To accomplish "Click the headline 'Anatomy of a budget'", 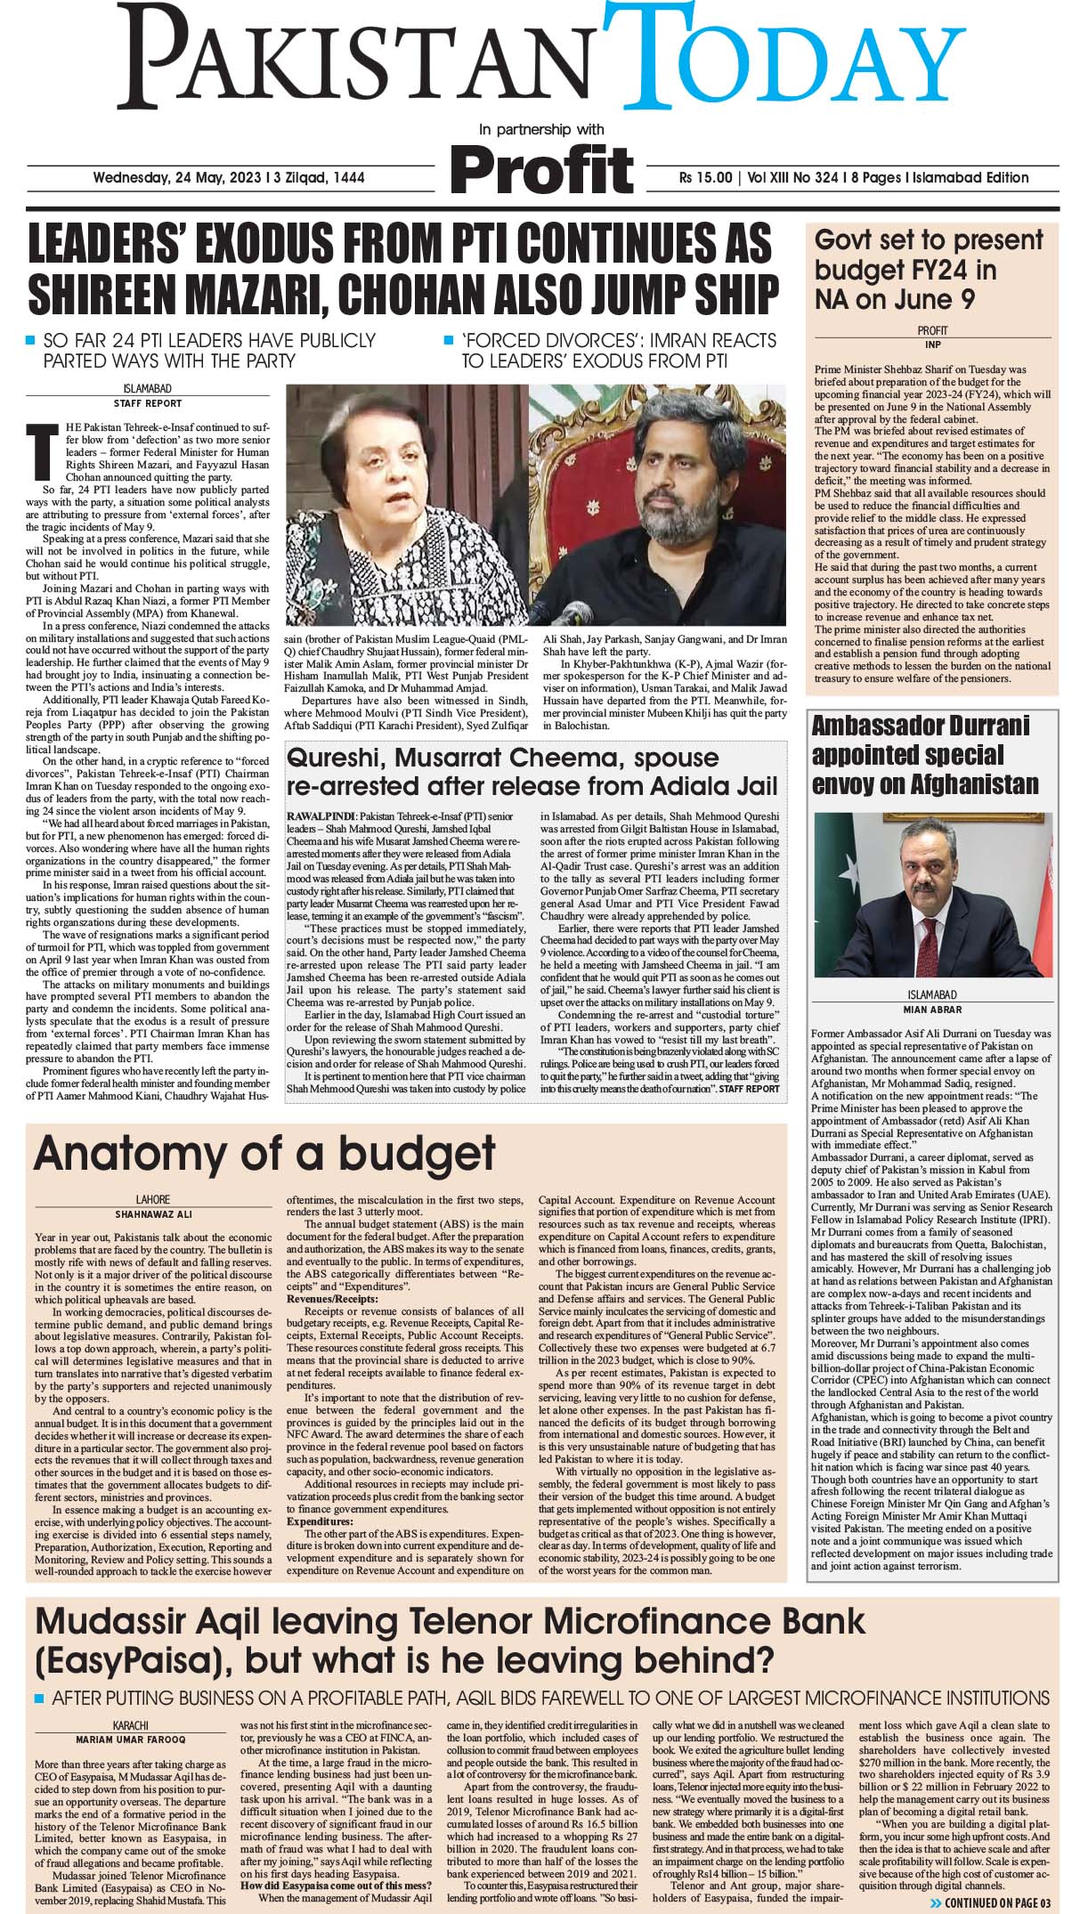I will point(264,1153).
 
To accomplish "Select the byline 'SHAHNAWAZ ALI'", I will point(153,1213).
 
